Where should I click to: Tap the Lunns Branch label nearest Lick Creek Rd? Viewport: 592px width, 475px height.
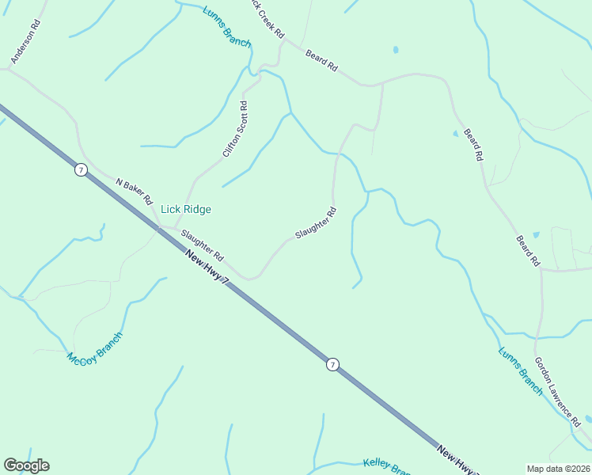pyautogui.click(x=227, y=28)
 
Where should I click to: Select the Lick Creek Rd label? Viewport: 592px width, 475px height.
pyautogui.click(x=267, y=20)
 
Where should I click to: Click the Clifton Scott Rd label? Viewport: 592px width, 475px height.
pyautogui.click(x=236, y=129)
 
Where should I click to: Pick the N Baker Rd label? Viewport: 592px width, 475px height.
pyautogui.click(x=133, y=191)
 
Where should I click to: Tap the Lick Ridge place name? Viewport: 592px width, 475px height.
pyautogui.click(x=186, y=210)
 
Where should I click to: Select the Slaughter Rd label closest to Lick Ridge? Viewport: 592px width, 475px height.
pyautogui.click(x=203, y=246)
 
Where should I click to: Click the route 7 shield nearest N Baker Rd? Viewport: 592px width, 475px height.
pyautogui.click(x=81, y=170)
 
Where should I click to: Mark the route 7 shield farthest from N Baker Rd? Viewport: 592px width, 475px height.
pyautogui.click(x=332, y=364)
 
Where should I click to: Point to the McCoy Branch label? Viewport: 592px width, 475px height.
pyautogui.click(x=95, y=351)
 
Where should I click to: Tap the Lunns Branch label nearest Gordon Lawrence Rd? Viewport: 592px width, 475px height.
pyautogui.click(x=521, y=370)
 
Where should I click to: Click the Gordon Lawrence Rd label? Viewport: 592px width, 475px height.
pyautogui.click(x=562, y=390)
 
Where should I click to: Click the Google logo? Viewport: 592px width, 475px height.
pyautogui.click(x=27, y=465)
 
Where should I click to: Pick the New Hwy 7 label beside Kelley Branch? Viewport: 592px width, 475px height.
pyautogui.click(x=457, y=462)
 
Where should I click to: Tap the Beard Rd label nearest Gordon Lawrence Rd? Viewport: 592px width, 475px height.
pyautogui.click(x=528, y=249)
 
